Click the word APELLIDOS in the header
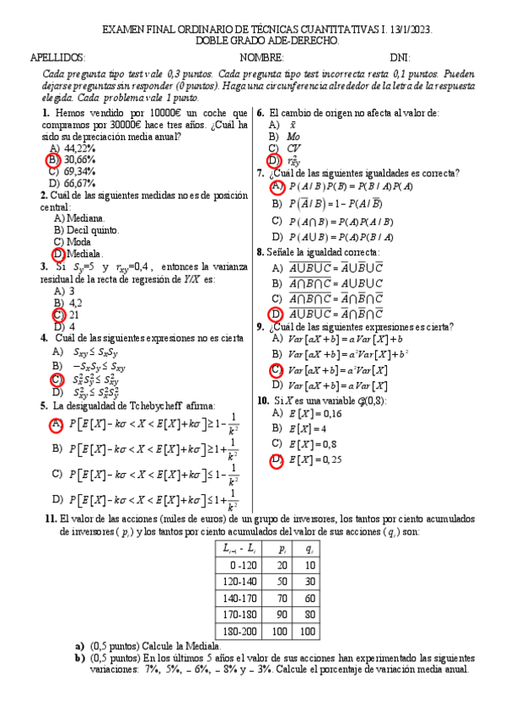(57, 57)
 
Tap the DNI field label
(400, 57)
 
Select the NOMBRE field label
(261, 57)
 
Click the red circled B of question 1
(53, 159)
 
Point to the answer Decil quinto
(86, 229)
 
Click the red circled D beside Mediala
(58, 253)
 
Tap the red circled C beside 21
(57, 314)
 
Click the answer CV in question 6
(293, 148)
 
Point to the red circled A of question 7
(276, 185)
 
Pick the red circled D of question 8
(275, 314)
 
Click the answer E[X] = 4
(307, 428)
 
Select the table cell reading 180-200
(240, 630)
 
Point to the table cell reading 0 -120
(240, 564)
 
